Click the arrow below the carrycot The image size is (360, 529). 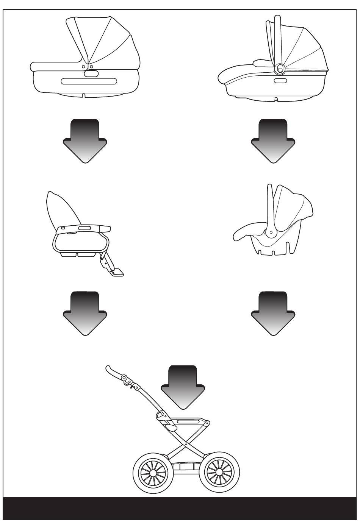tap(85, 140)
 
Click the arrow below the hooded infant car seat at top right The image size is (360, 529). tap(273, 140)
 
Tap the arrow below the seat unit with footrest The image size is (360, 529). tap(85, 312)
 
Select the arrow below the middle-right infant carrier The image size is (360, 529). tap(273, 312)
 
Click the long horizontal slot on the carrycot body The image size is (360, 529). tap(89, 81)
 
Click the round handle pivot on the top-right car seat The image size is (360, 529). tap(280, 69)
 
